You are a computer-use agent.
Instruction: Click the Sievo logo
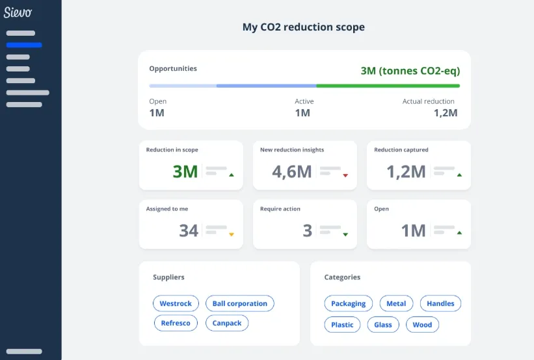18,12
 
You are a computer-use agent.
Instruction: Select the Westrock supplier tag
176,303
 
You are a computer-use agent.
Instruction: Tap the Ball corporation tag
239,303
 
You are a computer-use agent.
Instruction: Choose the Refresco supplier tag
176,323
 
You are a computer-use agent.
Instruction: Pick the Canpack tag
227,323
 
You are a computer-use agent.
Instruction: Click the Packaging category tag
348,303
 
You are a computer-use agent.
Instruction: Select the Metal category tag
396,303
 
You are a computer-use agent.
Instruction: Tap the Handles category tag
440,303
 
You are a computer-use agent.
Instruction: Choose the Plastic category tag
342,325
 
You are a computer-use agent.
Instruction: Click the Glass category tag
383,325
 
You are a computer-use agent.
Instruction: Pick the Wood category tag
422,325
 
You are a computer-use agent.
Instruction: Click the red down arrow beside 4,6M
345,175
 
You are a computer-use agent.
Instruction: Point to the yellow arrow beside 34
231,235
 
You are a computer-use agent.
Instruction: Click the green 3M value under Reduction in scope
185,172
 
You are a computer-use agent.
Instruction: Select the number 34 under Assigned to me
189,231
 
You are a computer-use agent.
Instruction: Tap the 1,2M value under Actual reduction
446,113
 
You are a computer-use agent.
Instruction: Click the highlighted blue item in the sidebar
24,45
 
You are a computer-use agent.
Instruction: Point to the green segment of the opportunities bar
388,86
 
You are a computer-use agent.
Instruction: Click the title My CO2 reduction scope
303,27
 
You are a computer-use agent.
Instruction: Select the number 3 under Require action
308,231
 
